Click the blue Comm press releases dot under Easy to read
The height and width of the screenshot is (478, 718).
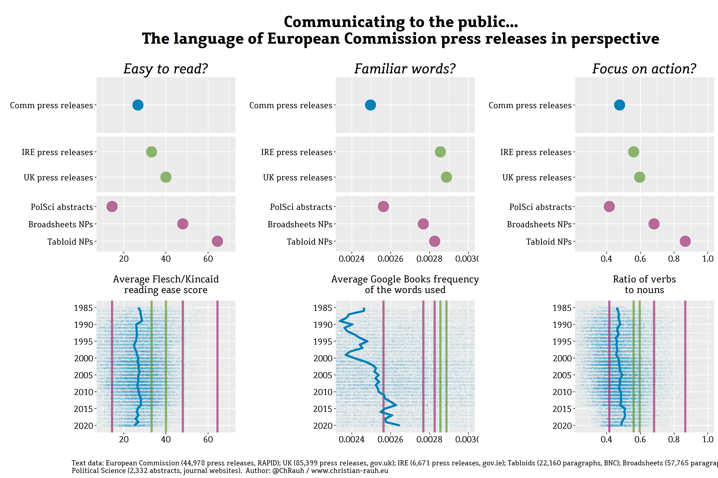coord(138,105)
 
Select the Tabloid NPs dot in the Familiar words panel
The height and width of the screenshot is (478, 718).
coord(434,241)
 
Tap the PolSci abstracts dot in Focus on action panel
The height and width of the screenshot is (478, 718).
coord(609,206)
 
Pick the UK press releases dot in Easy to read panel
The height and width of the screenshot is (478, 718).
coord(166,177)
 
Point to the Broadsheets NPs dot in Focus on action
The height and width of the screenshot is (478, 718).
coord(654,224)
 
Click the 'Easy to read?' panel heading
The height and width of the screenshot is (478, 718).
coord(166,69)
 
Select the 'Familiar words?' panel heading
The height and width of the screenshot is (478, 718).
coord(405,69)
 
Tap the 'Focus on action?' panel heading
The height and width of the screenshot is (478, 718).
coord(644,69)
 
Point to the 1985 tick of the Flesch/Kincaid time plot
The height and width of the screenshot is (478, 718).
coord(83,308)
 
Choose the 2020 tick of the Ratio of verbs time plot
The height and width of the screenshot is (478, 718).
coord(562,426)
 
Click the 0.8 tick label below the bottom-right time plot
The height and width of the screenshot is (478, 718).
coord(674,439)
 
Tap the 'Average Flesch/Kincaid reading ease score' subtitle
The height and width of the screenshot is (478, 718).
coord(166,284)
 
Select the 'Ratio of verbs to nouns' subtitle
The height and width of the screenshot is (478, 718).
coord(644,284)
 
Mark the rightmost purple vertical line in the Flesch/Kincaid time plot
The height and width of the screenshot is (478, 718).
coord(217,366)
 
